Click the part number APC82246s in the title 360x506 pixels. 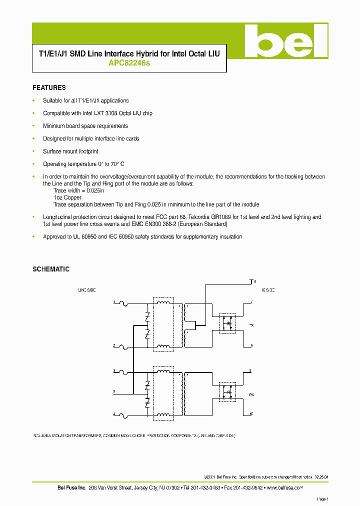point(128,63)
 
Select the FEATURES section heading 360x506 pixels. point(49,87)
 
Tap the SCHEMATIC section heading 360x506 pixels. point(50,269)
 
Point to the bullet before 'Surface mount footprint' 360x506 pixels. point(33,151)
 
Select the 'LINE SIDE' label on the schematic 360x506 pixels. point(86,290)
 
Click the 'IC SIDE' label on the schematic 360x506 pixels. point(267,290)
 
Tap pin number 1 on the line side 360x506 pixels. point(114,302)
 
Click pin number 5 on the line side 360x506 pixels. point(114,391)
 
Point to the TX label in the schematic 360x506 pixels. point(251,325)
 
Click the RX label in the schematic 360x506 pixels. point(251,393)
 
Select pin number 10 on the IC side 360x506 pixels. point(252,414)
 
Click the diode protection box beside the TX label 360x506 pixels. point(229,323)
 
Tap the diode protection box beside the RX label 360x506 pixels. point(229,392)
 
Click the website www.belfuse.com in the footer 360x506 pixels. point(284,487)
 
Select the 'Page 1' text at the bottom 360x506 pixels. point(322,499)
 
